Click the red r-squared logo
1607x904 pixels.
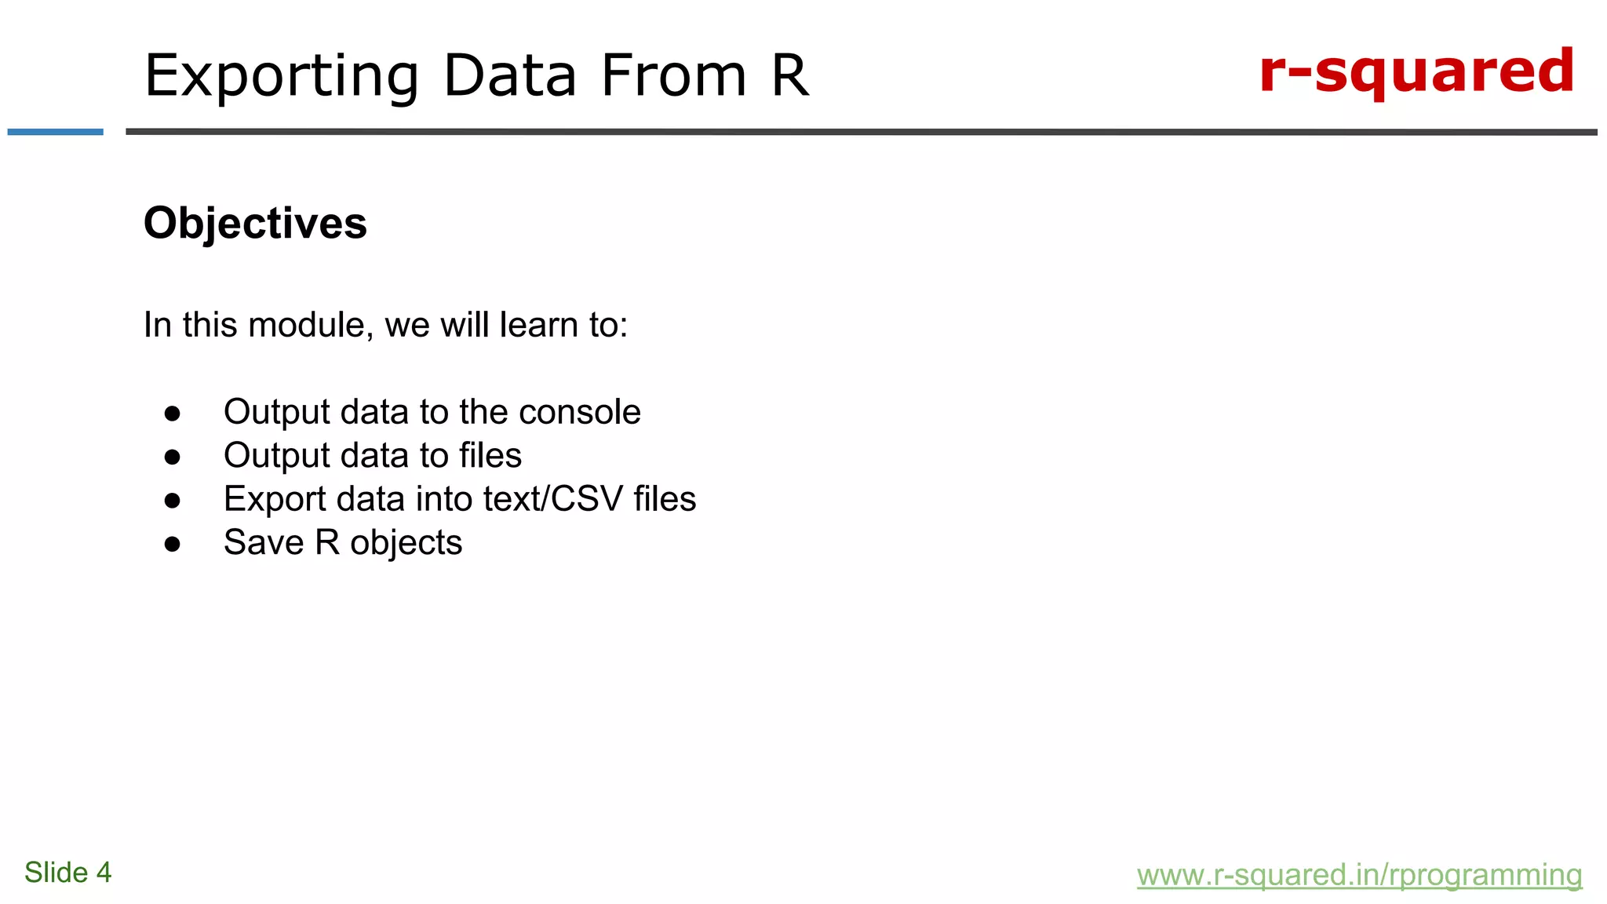pyautogui.click(x=1416, y=72)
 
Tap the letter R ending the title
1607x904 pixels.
pyautogui.click(x=789, y=75)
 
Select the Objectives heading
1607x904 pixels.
pyautogui.click(x=255, y=223)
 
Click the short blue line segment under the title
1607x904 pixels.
pyautogui.click(x=55, y=132)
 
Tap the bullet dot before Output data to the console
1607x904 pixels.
pyautogui.click(x=173, y=414)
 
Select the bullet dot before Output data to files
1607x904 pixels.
pyautogui.click(x=173, y=457)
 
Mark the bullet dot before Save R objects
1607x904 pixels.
pyautogui.click(x=173, y=544)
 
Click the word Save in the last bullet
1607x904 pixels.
pyautogui.click(x=263, y=542)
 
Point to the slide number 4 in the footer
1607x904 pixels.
pyautogui.click(x=104, y=873)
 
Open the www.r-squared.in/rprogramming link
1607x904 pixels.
pyautogui.click(x=1359, y=875)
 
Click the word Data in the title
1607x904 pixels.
pyautogui.click(x=510, y=76)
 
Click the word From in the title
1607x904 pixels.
pyautogui.click(x=673, y=76)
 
